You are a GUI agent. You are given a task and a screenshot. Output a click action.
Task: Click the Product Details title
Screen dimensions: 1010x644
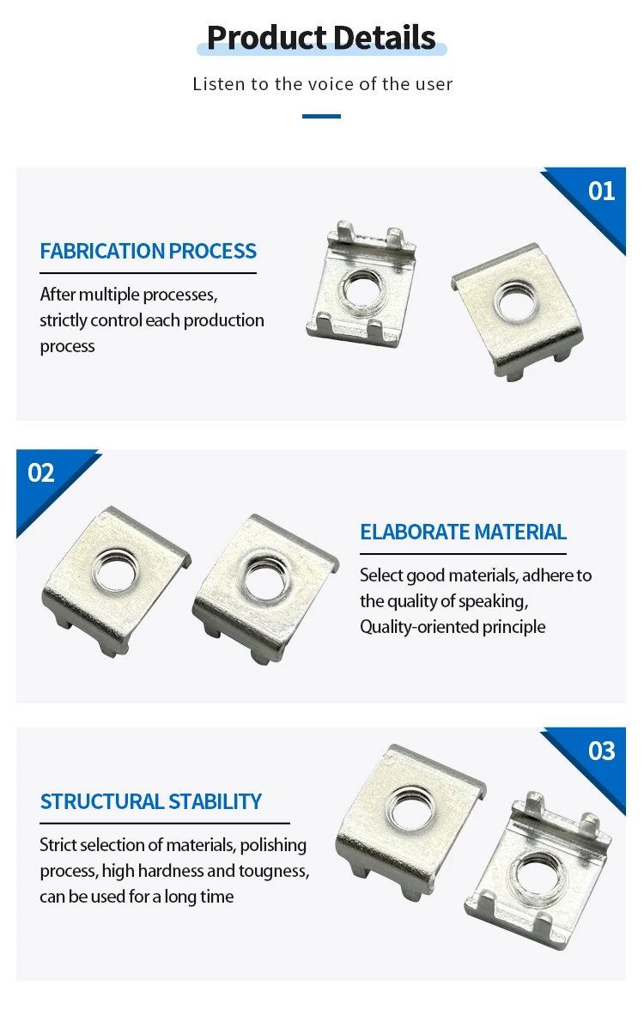point(321,38)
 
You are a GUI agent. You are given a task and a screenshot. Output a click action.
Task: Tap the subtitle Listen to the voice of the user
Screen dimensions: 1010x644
point(322,84)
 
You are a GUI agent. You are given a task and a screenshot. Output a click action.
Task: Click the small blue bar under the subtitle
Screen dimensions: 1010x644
point(321,116)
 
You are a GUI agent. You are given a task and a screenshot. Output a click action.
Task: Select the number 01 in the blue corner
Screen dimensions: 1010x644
point(601,190)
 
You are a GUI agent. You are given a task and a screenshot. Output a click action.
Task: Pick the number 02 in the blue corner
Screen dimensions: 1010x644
point(41,472)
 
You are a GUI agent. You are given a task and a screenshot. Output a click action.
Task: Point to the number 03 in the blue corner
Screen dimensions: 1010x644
point(601,751)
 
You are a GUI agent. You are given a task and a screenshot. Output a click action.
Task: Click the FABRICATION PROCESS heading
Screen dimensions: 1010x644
point(148,251)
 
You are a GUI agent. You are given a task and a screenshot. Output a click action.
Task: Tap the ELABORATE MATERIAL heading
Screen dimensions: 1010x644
point(463,532)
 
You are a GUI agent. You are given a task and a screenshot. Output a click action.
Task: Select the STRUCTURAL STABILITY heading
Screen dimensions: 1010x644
point(150,801)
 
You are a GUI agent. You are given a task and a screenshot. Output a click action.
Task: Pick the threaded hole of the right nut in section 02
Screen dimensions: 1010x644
point(262,578)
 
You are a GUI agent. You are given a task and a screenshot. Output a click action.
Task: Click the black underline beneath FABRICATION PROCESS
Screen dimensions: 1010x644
point(148,273)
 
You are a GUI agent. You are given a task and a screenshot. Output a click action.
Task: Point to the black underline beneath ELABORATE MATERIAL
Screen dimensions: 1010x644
point(463,554)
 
